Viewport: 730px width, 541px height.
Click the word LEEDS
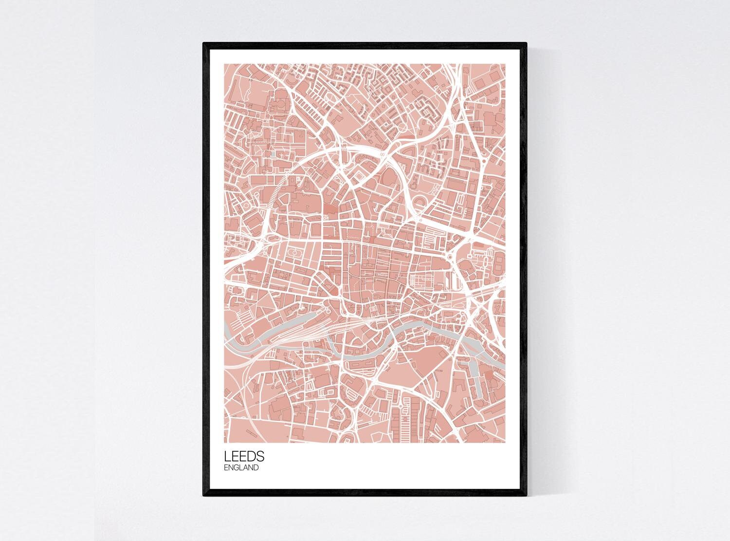coord(244,456)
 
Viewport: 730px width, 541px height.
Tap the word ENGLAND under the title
coord(241,468)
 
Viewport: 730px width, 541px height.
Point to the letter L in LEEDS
coord(227,456)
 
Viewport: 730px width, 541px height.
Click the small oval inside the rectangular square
coord(293,254)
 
